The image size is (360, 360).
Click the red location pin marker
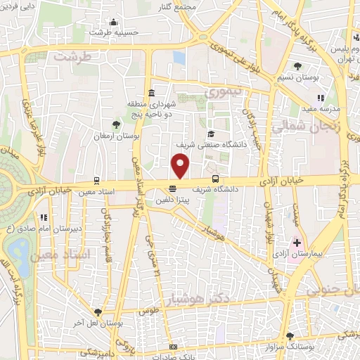tap(181, 167)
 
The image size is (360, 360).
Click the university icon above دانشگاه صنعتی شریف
tap(210, 134)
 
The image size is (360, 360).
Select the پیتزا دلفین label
tap(172, 199)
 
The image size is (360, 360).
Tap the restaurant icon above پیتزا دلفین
tap(172, 188)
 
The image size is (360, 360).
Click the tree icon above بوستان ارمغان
tap(116, 124)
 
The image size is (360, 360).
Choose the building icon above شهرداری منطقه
tap(152, 94)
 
